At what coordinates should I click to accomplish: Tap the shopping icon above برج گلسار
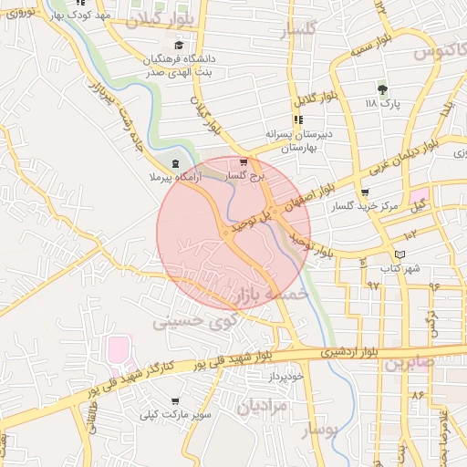(x=243, y=162)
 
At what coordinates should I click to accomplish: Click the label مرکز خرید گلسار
(x=367, y=208)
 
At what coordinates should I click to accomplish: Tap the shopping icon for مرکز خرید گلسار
(x=365, y=192)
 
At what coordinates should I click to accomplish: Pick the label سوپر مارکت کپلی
(x=174, y=416)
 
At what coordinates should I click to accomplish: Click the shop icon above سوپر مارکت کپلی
(x=174, y=400)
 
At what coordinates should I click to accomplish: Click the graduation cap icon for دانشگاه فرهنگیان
(x=179, y=44)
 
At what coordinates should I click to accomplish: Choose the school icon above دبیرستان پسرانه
(x=297, y=119)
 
